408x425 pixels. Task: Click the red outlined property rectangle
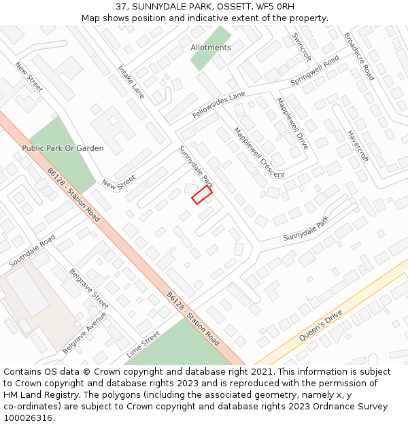pyautogui.click(x=202, y=195)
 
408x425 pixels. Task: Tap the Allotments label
pyautogui.click(x=211, y=48)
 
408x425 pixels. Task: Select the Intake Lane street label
pyautogui.click(x=131, y=82)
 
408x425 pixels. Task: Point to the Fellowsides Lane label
pyautogui.click(x=218, y=105)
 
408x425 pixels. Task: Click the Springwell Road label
pyautogui.click(x=314, y=71)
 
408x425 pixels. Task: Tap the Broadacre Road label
pyautogui.click(x=359, y=56)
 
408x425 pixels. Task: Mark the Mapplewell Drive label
pyautogui.click(x=292, y=123)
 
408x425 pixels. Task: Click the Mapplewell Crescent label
pyautogui.click(x=259, y=152)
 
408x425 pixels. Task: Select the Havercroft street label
pyautogui.click(x=358, y=146)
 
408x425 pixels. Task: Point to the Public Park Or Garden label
pyautogui.click(x=63, y=148)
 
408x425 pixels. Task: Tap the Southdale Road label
pyautogui.click(x=32, y=251)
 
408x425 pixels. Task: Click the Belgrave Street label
pyautogui.click(x=89, y=288)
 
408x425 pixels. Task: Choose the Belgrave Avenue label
pyautogui.click(x=84, y=333)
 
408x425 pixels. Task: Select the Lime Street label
pyautogui.click(x=143, y=345)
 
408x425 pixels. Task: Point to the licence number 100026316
pyautogui.click(x=29, y=418)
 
